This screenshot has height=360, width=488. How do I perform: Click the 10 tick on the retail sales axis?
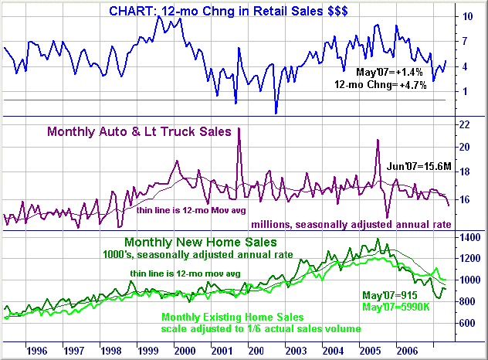click(468, 16)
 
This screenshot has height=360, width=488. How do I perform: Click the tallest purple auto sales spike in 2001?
click(239, 129)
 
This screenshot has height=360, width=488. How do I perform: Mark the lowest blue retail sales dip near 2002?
click(276, 113)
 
